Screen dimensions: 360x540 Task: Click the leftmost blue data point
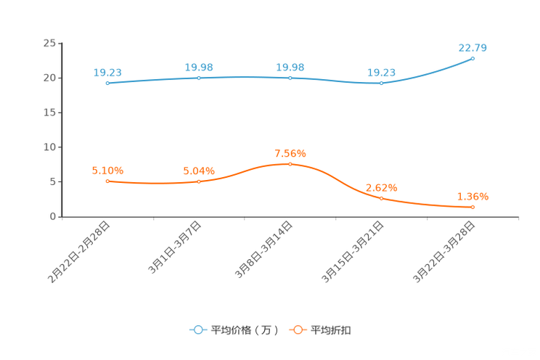click(107, 83)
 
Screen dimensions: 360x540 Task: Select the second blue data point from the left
click(199, 77)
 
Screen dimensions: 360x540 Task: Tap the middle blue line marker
click(290, 77)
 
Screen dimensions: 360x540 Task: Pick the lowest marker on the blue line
click(381, 83)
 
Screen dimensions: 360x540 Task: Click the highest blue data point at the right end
click(472, 58)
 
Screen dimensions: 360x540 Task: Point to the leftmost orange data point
click(107, 181)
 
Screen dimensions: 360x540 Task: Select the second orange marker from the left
click(199, 181)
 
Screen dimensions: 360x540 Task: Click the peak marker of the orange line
click(290, 164)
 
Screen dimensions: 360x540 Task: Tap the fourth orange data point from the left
click(381, 198)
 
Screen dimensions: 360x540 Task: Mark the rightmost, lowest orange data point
click(472, 208)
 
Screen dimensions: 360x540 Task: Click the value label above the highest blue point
click(472, 48)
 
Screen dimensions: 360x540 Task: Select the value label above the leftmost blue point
click(107, 72)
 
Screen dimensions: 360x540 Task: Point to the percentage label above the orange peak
click(290, 153)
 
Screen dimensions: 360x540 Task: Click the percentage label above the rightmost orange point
click(472, 197)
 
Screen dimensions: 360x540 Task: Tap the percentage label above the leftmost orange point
click(107, 170)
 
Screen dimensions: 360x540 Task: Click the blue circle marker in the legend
click(198, 330)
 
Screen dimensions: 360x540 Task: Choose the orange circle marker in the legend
click(298, 330)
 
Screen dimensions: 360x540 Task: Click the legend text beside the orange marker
click(332, 330)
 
